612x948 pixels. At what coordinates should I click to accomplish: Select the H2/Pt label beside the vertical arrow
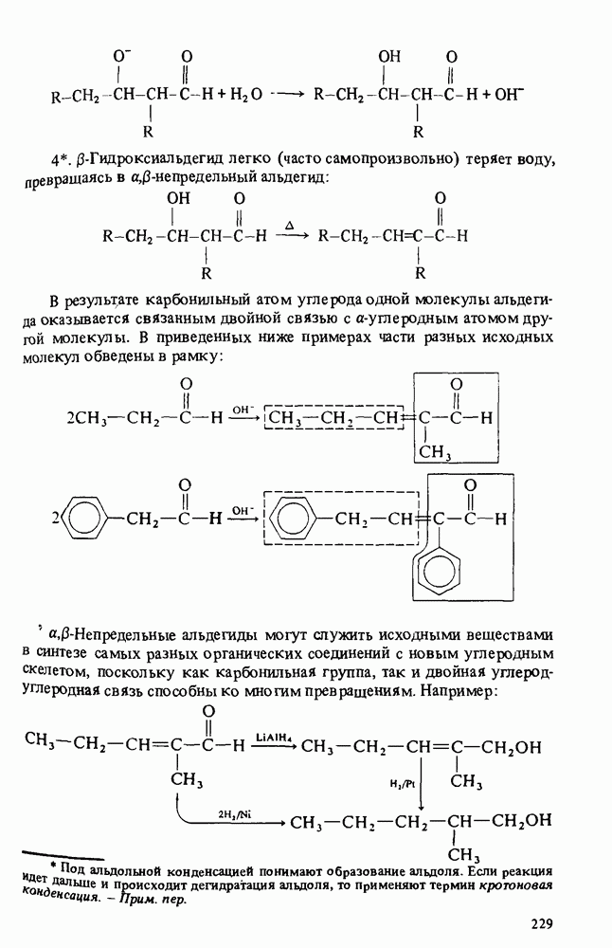pyautogui.click(x=403, y=784)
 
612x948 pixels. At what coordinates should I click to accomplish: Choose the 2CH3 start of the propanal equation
pyautogui.click(x=91, y=417)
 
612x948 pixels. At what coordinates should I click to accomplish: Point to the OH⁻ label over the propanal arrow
pyautogui.click(x=243, y=409)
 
